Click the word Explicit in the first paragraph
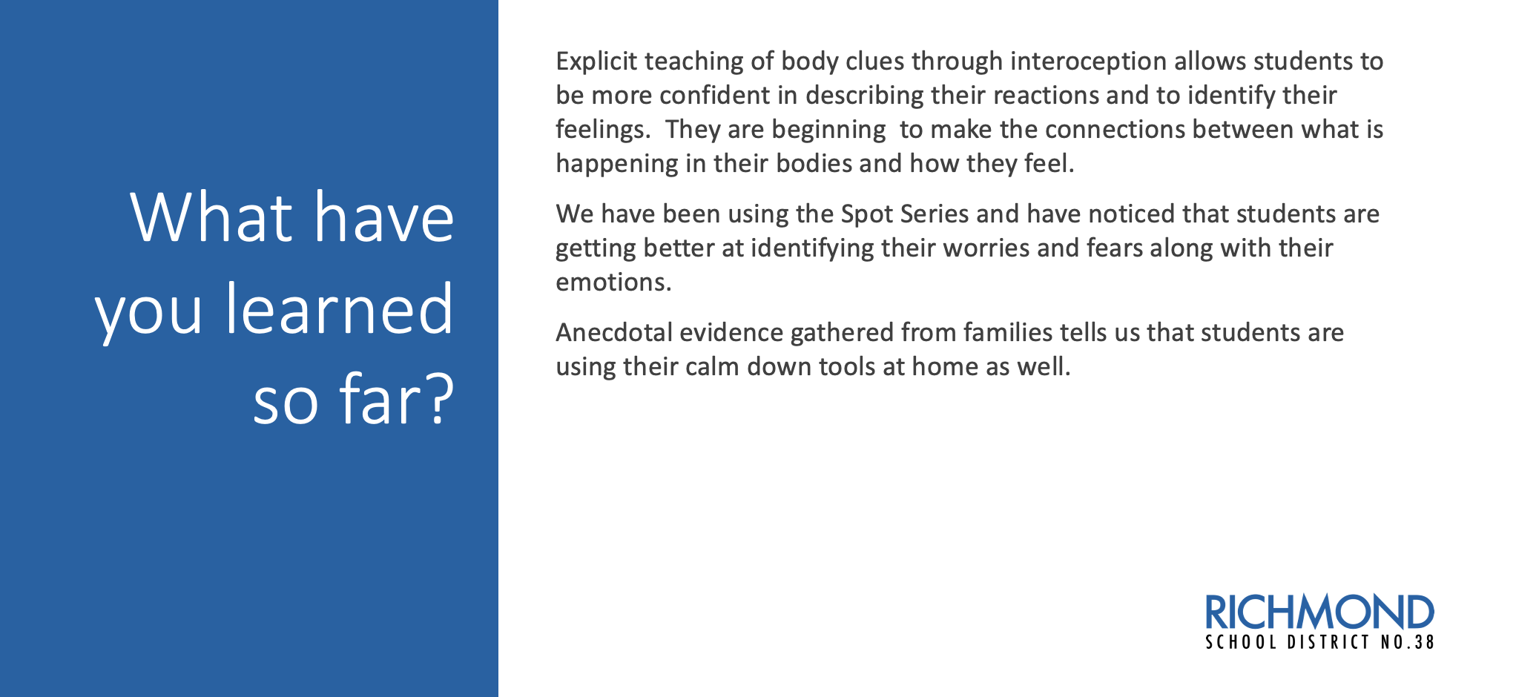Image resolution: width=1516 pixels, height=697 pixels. coord(596,62)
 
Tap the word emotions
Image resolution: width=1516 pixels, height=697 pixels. coord(613,283)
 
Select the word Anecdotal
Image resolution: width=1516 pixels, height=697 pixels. coord(614,333)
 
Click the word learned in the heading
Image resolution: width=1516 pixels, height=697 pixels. coord(339,308)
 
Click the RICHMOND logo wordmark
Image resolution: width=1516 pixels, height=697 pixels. coord(1319,612)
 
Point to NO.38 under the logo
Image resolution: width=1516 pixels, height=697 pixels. coord(1408,643)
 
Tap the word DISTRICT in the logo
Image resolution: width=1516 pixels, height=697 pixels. coord(1328,643)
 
